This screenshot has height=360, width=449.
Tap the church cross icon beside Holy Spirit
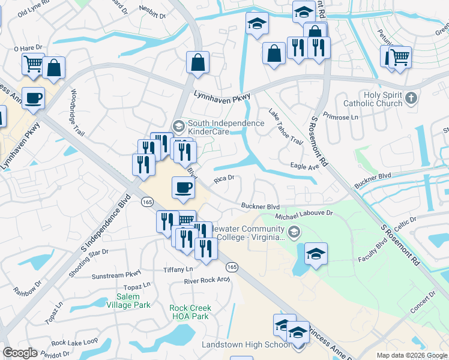point(411,97)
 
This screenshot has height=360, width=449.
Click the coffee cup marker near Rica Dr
point(183,188)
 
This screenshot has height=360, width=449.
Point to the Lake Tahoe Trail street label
point(285,127)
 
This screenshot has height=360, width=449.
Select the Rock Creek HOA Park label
point(190,312)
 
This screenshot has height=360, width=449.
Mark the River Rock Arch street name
point(206,280)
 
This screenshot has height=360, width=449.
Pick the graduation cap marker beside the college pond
point(316,253)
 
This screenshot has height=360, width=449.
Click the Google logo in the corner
point(20,353)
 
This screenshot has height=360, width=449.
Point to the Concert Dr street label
point(423,304)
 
